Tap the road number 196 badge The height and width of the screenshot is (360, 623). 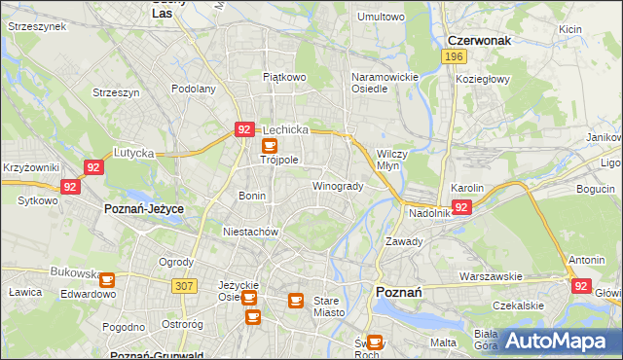pyautogui.click(x=452, y=57)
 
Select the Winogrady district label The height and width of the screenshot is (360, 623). pyautogui.click(x=338, y=186)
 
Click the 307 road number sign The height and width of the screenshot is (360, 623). pyautogui.click(x=183, y=285)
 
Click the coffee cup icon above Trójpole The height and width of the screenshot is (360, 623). pyautogui.click(x=270, y=145)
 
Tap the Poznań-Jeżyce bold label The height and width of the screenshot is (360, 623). pyautogui.click(x=144, y=209)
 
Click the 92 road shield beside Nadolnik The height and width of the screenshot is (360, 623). pyautogui.click(x=462, y=206)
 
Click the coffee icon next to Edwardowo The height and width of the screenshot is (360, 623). pyautogui.click(x=107, y=280)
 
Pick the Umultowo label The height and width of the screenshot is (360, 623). pyautogui.click(x=381, y=17)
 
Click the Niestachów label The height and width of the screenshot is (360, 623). pyautogui.click(x=251, y=233)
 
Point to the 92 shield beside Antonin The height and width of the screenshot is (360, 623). pyautogui.click(x=581, y=286)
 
